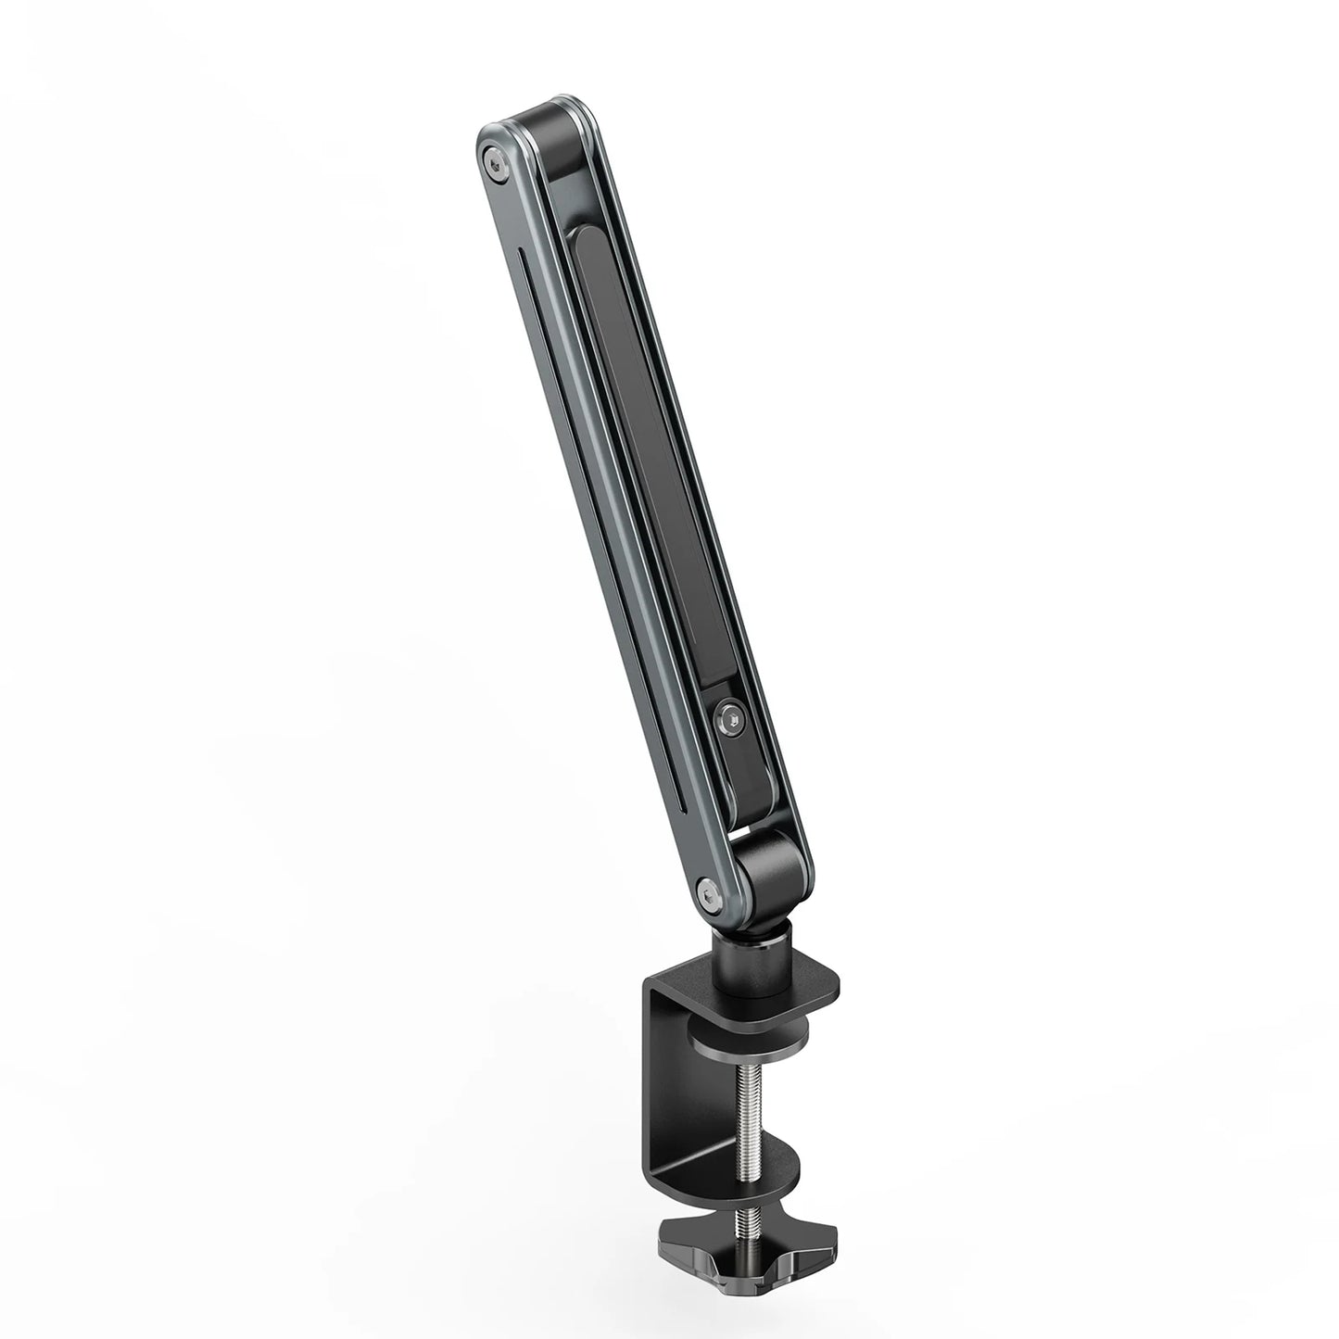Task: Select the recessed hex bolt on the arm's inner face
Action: point(730,717)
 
